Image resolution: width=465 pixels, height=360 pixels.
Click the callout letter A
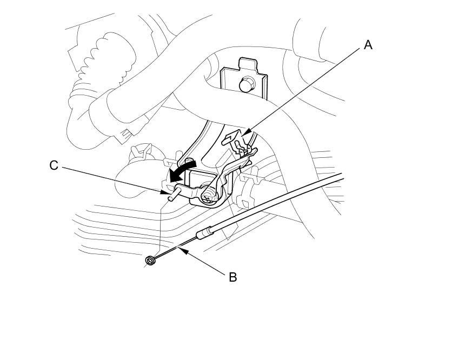click(x=368, y=45)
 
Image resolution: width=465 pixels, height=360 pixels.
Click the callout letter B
click(x=232, y=277)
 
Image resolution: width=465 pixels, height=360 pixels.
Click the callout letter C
click(x=54, y=165)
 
